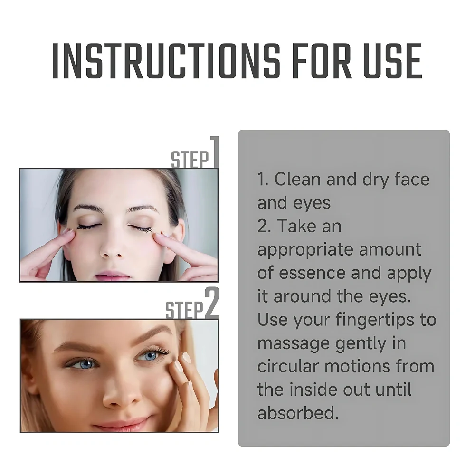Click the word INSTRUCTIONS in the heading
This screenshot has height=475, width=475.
tap(166, 61)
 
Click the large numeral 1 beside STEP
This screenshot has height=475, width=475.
tap(215, 152)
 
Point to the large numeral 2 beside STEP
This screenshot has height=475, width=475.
tap(212, 302)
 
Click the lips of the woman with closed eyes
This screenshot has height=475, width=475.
tap(113, 276)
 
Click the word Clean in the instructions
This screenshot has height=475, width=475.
tap(297, 179)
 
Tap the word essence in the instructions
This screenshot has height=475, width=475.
tap(312, 273)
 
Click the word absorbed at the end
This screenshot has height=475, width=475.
tap(298, 413)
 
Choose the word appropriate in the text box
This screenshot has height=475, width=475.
tap(305, 250)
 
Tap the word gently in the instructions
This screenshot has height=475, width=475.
tap(361, 344)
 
